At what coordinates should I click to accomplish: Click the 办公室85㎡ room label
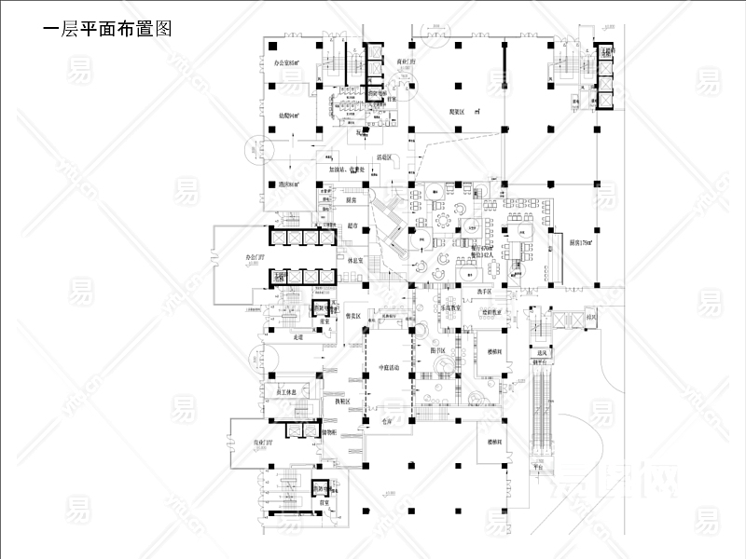[284, 62]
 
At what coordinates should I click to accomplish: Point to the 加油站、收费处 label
[347, 170]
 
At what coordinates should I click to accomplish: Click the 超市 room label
[352, 225]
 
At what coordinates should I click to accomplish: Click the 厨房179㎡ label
[582, 241]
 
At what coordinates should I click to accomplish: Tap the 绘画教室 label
[492, 312]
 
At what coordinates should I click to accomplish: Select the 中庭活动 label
[385, 369]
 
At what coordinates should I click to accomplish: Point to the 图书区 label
[436, 350]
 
